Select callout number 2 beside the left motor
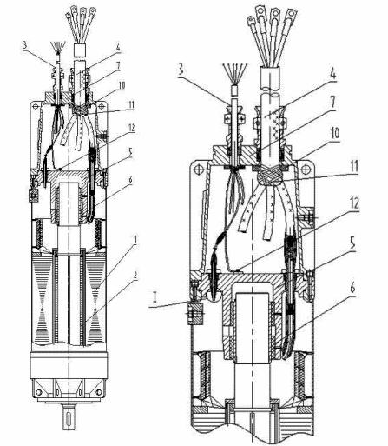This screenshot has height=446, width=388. point(135,276)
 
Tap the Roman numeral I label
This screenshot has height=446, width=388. point(156,297)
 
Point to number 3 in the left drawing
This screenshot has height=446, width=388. point(25,45)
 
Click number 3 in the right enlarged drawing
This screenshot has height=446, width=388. point(181,70)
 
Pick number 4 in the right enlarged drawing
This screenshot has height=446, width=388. point(333,75)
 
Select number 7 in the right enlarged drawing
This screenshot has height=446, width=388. point(332,103)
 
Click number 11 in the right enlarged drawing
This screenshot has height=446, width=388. point(353,166)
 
